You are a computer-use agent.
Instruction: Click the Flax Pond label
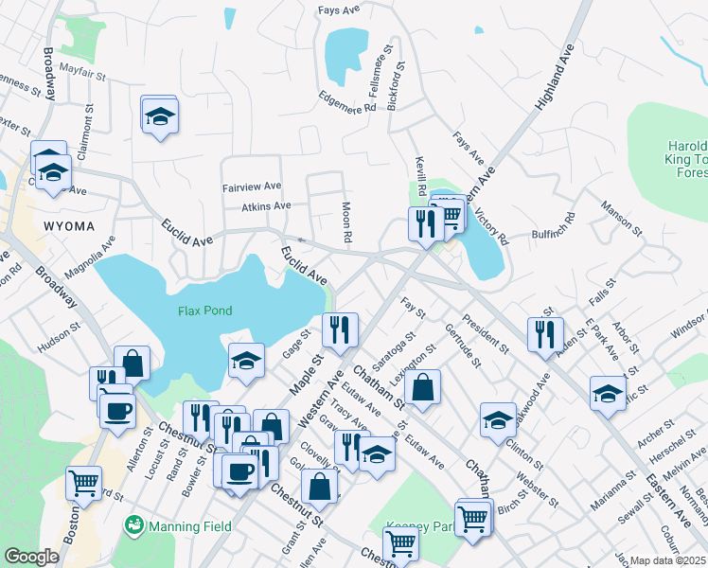(x=204, y=311)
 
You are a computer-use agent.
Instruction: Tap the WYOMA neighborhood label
(x=68, y=225)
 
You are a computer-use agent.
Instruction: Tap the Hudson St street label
(x=59, y=336)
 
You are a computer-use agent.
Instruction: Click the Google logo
(x=31, y=557)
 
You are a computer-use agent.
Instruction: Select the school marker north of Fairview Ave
(x=160, y=115)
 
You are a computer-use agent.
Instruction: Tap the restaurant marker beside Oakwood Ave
(x=544, y=334)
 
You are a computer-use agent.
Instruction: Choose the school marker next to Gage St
(x=246, y=360)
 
